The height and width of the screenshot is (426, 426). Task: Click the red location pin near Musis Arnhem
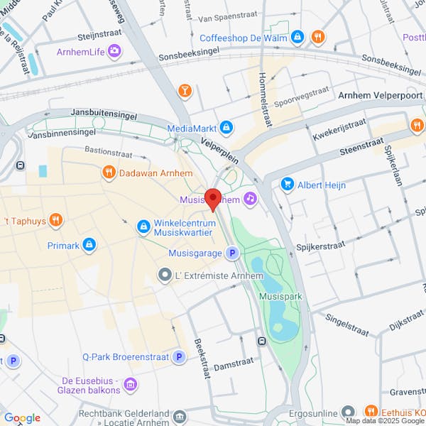click(213, 199)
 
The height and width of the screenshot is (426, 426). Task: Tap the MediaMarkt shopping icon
click(226, 128)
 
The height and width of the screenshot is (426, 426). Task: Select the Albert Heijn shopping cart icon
click(288, 185)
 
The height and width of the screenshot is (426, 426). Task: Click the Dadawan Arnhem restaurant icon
click(109, 173)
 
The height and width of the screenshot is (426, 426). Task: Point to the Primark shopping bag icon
click(89, 245)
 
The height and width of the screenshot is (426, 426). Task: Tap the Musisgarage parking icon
click(231, 253)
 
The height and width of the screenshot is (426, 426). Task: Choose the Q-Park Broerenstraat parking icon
click(180, 357)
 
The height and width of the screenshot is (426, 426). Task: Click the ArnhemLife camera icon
click(114, 51)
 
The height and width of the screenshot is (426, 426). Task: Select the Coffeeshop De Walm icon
click(297, 36)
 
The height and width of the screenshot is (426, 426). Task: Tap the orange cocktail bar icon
click(185, 90)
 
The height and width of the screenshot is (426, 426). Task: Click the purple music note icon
click(249, 199)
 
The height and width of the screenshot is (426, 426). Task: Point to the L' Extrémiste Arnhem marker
click(165, 275)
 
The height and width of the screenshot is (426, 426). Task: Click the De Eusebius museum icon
click(130, 385)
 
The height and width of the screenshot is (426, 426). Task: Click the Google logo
click(21, 418)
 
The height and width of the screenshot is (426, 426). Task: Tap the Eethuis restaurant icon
click(370, 412)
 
